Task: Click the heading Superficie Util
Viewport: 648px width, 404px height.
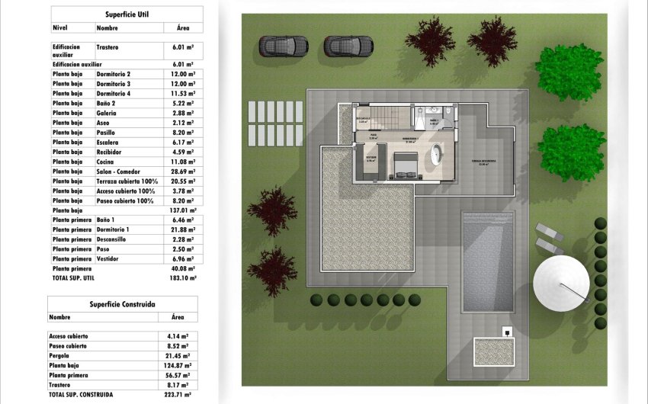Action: [127, 14]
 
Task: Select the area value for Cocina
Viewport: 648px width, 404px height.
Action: [180, 142]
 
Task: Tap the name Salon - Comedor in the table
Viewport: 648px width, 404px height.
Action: [119, 152]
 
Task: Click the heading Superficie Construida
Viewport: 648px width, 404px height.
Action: [122, 304]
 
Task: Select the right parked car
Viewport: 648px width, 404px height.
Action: [348, 46]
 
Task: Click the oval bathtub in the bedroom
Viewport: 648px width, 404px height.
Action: [438, 153]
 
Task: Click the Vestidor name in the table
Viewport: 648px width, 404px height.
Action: [110, 259]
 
